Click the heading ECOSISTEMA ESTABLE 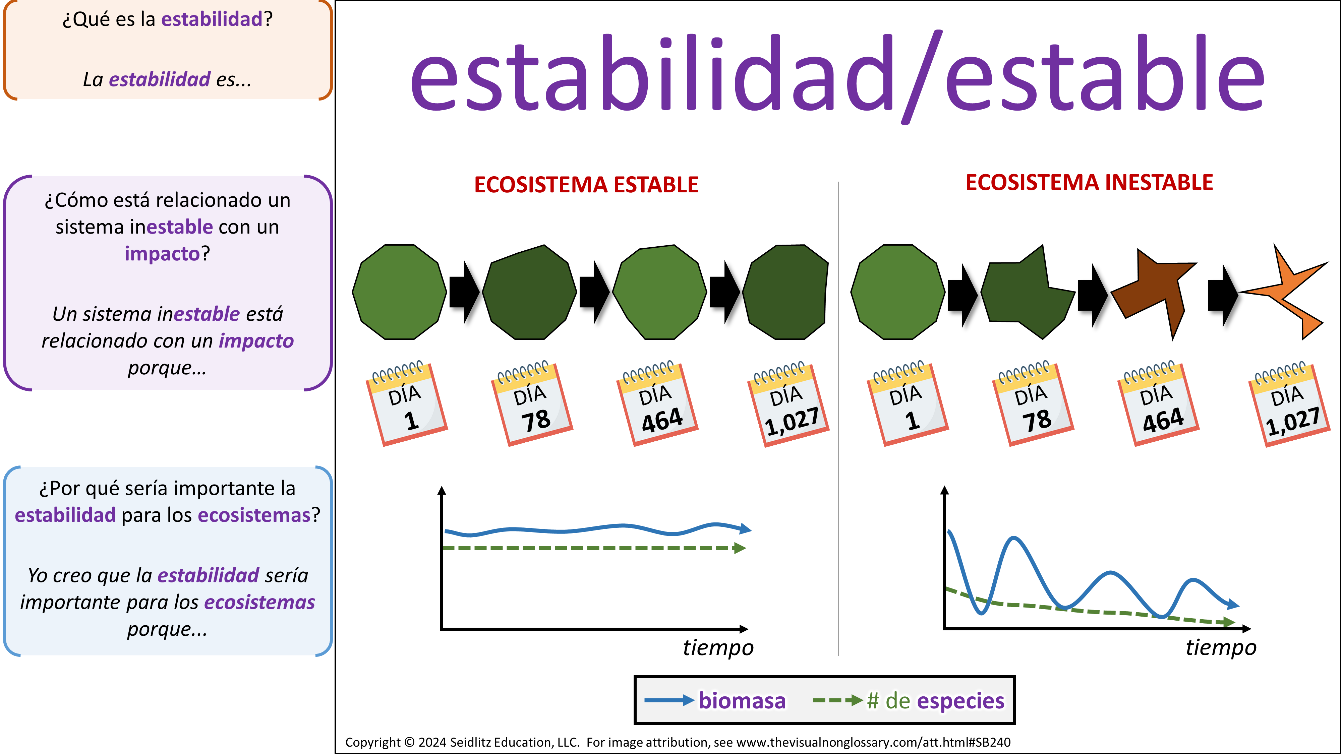coord(586,185)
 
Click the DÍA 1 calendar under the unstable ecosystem coord(908,403)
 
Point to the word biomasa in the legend coord(742,701)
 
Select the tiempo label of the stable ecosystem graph coord(718,648)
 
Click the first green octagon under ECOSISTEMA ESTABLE coord(399,292)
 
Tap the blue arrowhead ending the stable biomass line coord(746,529)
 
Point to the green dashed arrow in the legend coord(838,700)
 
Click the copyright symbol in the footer coord(410,743)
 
